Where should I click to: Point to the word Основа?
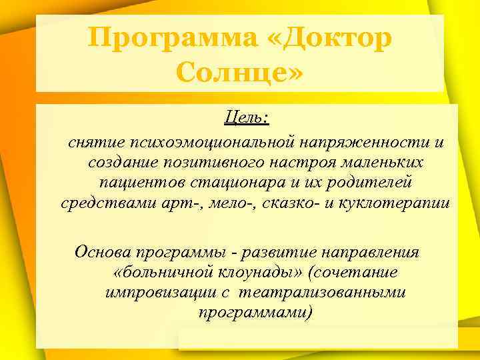pyautogui.click(x=103, y=253)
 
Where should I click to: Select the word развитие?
pyautogui.click(x=280, y=253)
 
